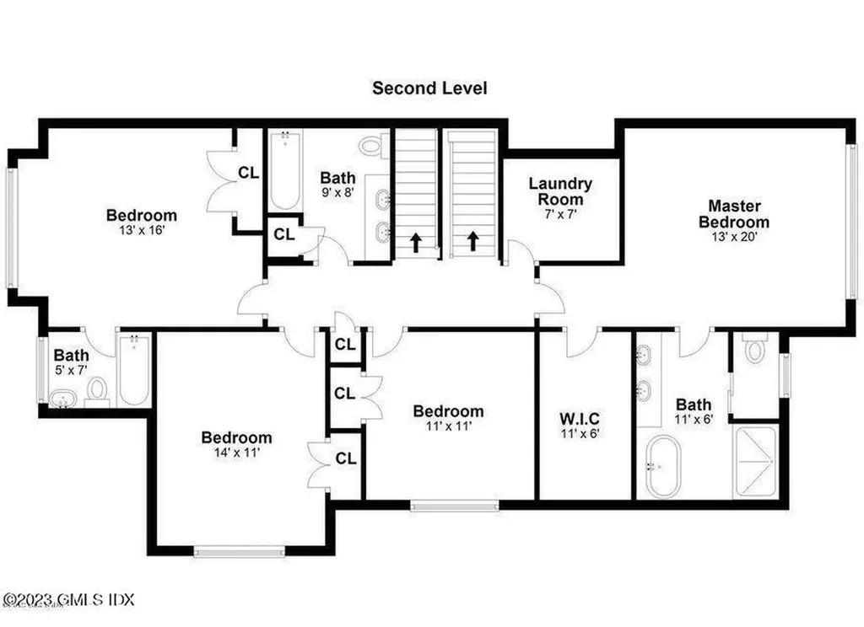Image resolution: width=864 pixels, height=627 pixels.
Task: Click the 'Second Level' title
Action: [429, 88]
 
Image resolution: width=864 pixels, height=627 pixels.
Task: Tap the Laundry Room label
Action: [560, 191]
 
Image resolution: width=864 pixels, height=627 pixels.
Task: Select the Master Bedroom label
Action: [734, 214]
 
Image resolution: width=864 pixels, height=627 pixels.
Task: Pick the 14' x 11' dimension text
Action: [236, 453]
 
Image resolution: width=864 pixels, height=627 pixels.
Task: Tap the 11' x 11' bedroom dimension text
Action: [448, 426]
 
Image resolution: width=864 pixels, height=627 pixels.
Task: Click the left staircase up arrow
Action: [416, 244]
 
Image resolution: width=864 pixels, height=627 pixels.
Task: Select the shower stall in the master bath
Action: [755, 462]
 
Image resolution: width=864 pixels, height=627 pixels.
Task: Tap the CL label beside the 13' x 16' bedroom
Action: [248, 173]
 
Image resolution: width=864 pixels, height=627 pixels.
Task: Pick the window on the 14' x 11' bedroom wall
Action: [240, 552]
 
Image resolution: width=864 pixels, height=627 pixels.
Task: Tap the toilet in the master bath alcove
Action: [754, 349]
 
